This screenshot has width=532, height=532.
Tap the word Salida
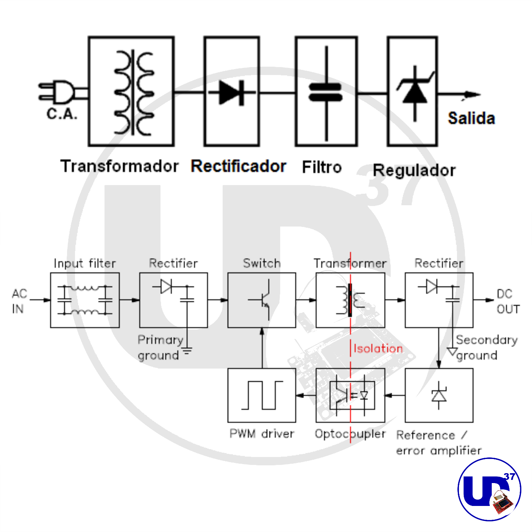click(x=471, y=118)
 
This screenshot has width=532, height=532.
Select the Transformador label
click(x=119, y=166)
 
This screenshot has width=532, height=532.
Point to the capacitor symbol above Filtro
click(x=326, y=93)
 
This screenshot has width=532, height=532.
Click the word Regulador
click(x=414, y=170)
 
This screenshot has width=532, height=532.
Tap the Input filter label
click(x=85, y=263)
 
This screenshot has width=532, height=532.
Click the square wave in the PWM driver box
click(x=262, y=395)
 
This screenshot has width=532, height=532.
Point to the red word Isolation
click(x=378, y=348)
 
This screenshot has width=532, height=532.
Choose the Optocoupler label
click(x=350, y=434)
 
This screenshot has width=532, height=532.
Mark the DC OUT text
click(x=508, y=302)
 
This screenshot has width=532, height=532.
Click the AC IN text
click(x=19, y=301)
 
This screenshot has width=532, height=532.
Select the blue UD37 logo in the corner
click(x=489, y=489)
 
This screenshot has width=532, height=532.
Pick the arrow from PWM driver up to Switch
click(x=262, y=347)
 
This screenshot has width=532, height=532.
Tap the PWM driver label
click(x=262, y=434)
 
